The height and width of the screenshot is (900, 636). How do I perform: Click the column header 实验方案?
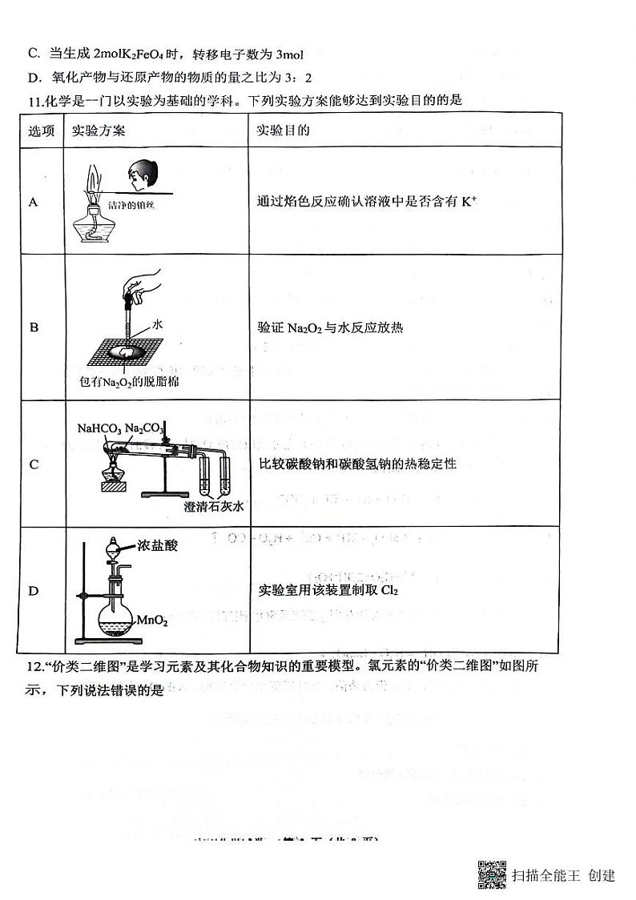pos(98,131)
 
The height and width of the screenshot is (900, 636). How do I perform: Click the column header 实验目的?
pos(283,131)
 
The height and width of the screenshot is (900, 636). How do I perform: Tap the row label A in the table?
pos(34,202)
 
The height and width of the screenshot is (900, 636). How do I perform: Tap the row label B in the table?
pos(34,327)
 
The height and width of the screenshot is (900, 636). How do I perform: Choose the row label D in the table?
pos(34,591)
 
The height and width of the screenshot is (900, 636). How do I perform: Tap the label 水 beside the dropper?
pos(158,324)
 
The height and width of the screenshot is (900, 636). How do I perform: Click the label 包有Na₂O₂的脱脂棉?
pos(124,382)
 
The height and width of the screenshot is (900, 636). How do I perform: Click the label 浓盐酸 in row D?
pos(158,545)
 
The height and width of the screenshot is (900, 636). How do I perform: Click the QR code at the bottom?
pos(492,874)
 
